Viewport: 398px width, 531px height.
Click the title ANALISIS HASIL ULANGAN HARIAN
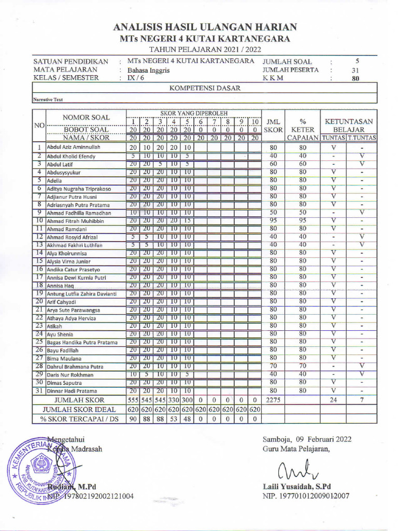(x=205, y=27)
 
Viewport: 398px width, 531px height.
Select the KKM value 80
(x=356, y=79)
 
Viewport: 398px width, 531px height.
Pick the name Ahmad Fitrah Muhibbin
(x=76, y=221)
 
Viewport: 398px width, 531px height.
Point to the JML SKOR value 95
(x=274, y=220)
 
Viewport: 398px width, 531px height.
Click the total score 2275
(x=274, y=400)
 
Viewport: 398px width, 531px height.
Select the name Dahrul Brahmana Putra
(x=75, y=367)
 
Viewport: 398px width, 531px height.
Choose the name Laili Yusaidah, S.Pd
(x=297, y=486)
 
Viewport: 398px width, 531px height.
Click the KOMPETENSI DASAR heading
(x=205, y=89)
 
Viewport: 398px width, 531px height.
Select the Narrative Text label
(x=48, y=100)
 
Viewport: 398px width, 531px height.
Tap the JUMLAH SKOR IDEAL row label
(x=79, y=410)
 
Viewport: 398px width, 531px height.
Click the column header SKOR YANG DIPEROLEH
(x=193, y=113)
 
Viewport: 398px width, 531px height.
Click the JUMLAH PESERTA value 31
(x=356, y=70)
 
